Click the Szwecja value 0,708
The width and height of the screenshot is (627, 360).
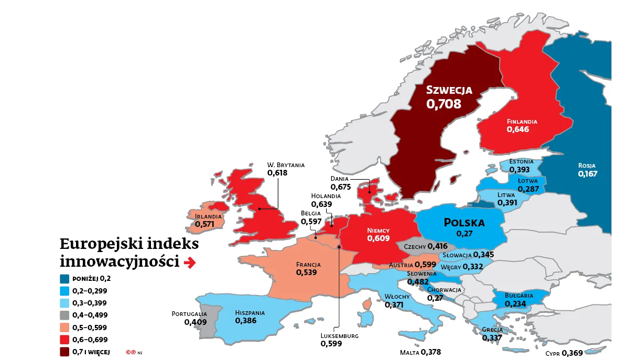pos(444,104)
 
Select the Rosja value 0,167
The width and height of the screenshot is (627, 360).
pos(587,173)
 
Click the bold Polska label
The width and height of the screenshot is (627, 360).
pos(464,223)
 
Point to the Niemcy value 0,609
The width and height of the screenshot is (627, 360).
pos(378,238)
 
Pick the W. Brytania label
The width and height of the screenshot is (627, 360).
pos(286,165)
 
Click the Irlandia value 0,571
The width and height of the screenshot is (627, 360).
pos(205,224)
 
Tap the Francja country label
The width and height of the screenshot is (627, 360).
pos(308,265)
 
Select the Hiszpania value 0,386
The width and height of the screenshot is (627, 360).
pos(245,320)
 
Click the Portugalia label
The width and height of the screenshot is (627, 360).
pos(189,314)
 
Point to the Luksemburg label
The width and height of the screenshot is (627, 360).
pos(339,336)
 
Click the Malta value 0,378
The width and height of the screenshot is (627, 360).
pos(431,352)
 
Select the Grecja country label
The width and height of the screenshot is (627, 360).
pos(492,330)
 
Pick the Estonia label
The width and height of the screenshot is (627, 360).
pos(521,161)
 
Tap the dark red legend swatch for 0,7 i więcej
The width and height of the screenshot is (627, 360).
pos(65,352)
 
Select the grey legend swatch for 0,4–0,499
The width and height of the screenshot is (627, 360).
pos(65,315)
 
